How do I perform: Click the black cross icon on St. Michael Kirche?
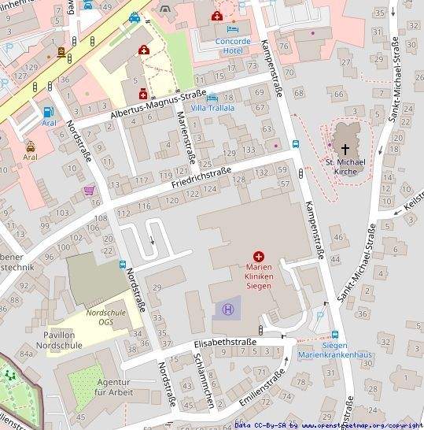coord(345,148)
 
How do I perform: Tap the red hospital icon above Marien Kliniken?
coord(259,256)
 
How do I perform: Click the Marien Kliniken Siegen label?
coord(259,276)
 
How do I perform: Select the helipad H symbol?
coord(228,310)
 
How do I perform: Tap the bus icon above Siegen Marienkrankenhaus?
coord(335,334)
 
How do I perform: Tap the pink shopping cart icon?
coord(89,191)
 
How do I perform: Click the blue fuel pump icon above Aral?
coord(50,112)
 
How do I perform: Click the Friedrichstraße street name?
coord(201,178)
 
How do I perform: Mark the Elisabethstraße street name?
coord(224,343)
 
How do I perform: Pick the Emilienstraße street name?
coord(260,392)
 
